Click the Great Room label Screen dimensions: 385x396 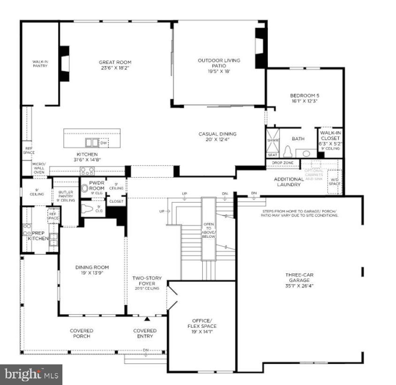click(x=115, y=65)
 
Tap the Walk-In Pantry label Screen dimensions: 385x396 click(x=40, y=63)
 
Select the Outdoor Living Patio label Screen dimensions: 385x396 click(x=219, y=66)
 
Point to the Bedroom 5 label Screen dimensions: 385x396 click(x=305, y=98)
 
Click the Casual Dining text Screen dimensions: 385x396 click(x=217, y=136)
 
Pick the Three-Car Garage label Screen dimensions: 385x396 click(x=298, y=280)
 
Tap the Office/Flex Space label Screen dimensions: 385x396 click(x=202, y=326)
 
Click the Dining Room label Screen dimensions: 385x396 click(x=92, y=271)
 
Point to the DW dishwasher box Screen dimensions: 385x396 click(x=103, y=143)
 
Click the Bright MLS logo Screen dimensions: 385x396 click(x=31, y=374)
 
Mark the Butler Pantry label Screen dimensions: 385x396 click(x=66, y=196)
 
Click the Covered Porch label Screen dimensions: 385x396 click(x=81, y=333)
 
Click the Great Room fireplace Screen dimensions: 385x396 click(x=64, y=63)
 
